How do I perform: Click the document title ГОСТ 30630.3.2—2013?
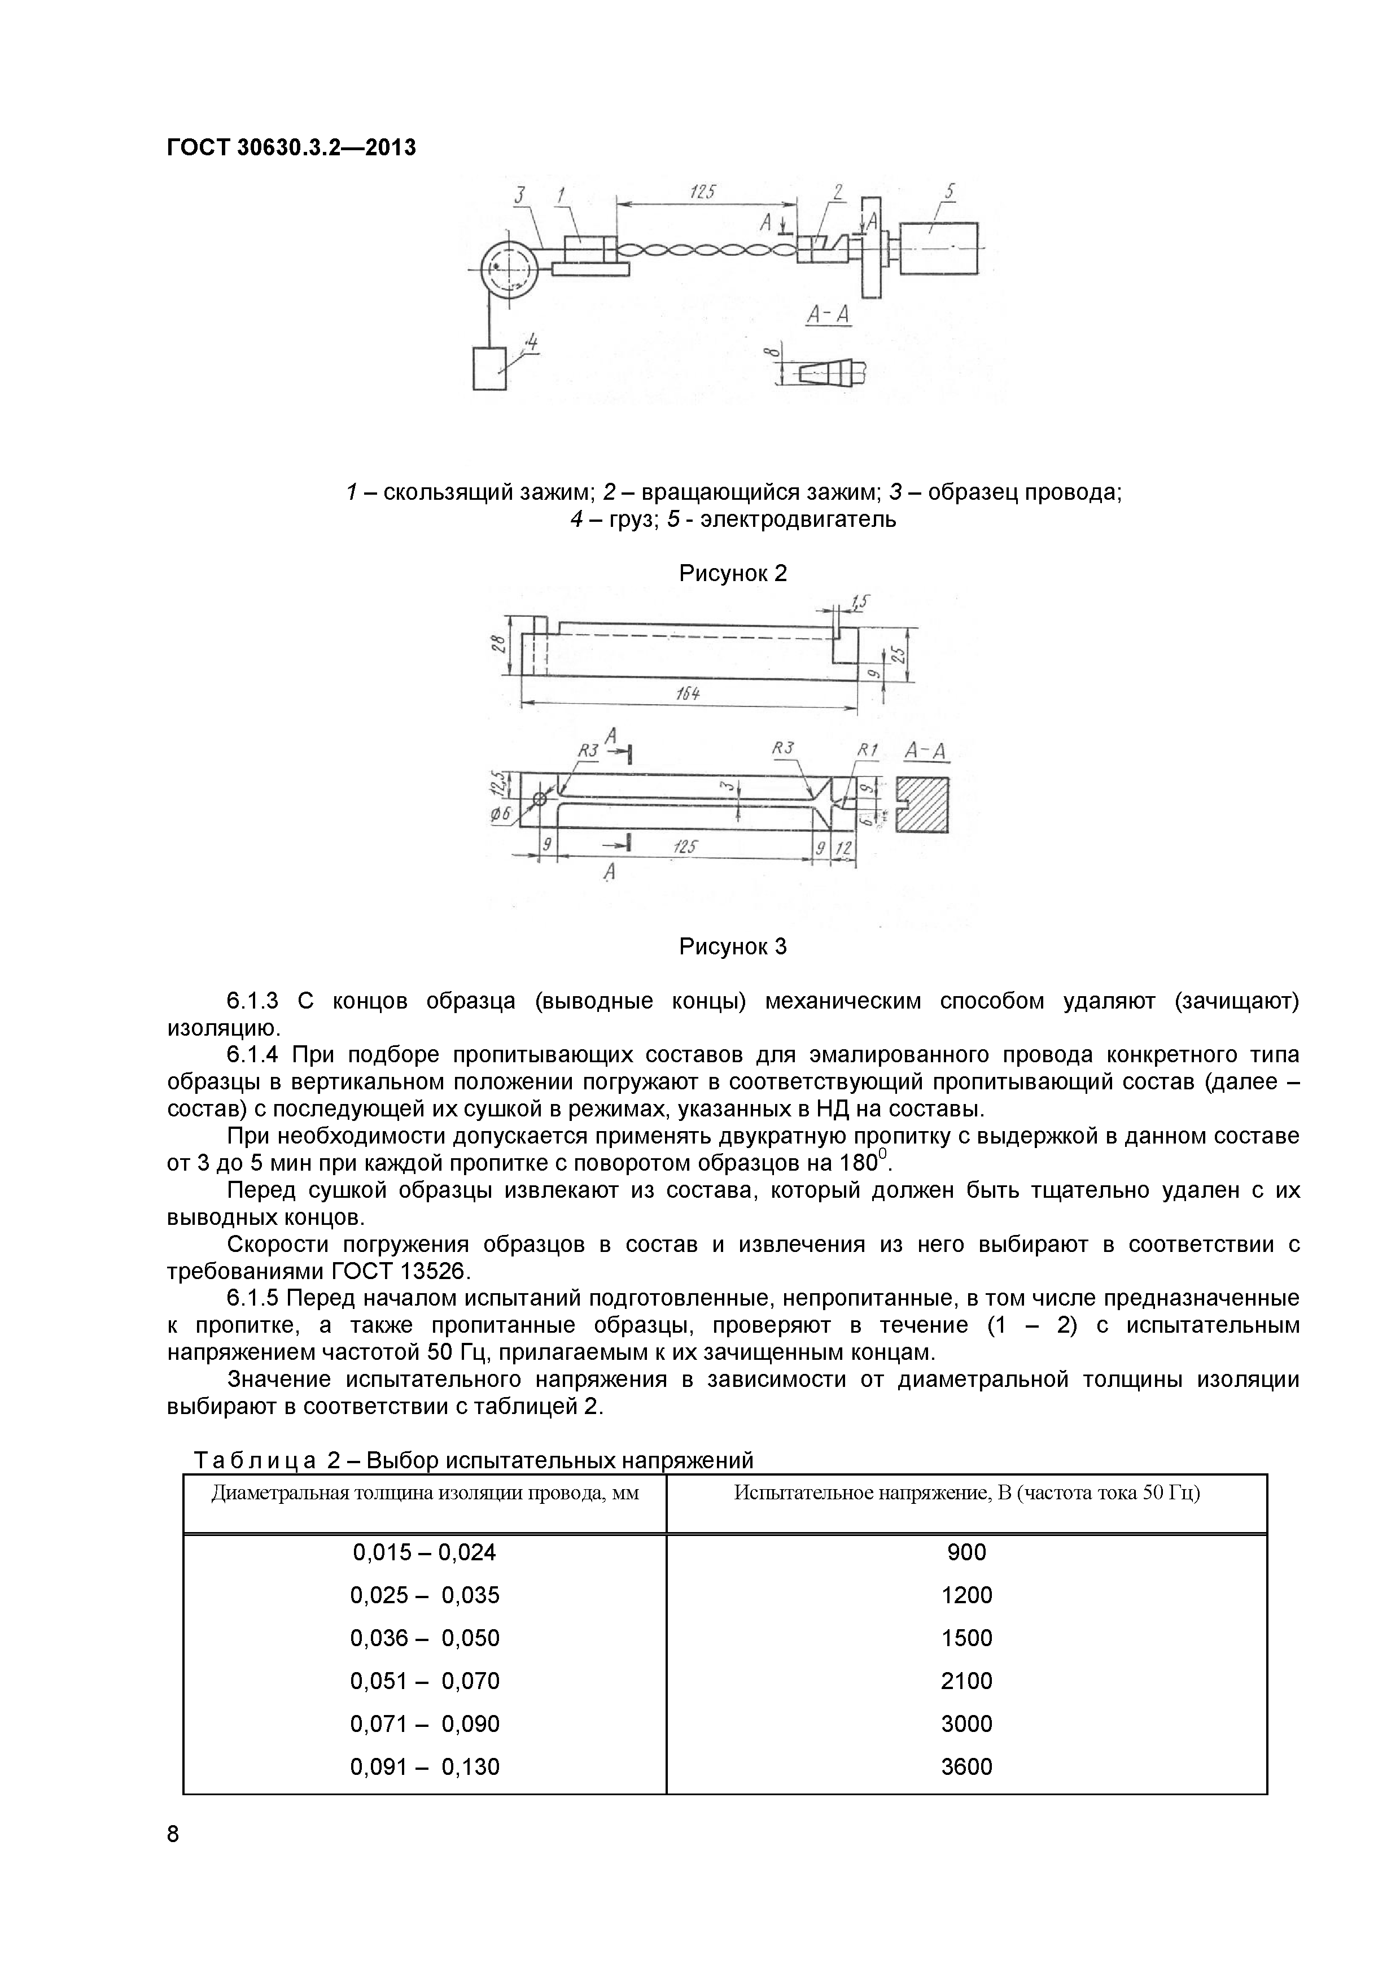coord(291,147)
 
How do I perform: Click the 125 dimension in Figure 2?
coord(703,193)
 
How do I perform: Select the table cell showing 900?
coord(966,1552)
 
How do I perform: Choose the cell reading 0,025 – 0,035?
coord(425,1595)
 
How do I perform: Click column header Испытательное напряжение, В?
coord(966,1492)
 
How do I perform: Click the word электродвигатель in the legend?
coord(797,520)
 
